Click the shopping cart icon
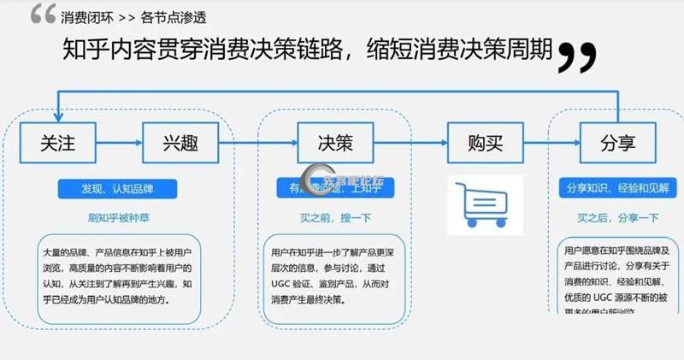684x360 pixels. (485, 204)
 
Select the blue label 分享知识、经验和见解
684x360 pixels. (618, 188)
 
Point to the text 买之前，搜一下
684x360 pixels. (334, 217)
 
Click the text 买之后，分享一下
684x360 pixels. (618, 217)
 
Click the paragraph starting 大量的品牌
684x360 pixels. (120, 277)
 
